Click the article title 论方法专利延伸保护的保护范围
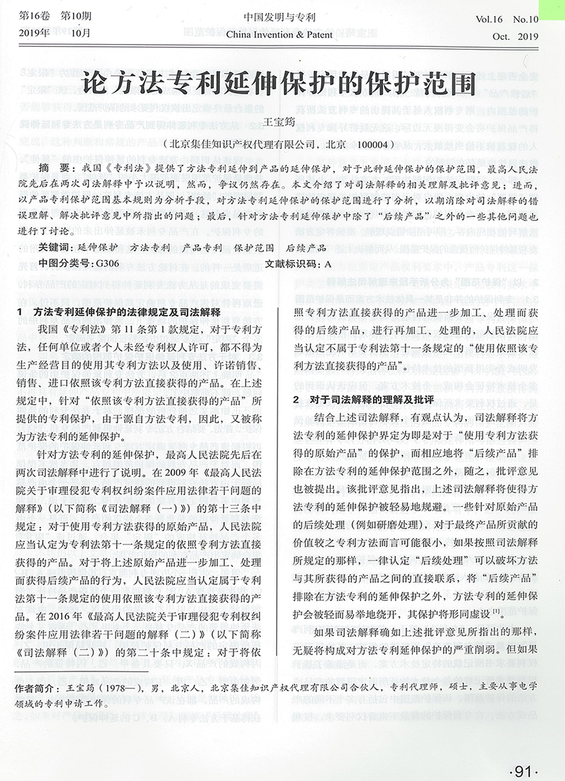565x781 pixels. [278, 84]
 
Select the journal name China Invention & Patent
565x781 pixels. [279, 34]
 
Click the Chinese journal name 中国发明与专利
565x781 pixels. [279, 18]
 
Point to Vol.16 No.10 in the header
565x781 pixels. [506, 19]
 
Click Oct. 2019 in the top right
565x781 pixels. [514, 36]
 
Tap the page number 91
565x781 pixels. [523, 771]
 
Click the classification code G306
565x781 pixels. [107, 263]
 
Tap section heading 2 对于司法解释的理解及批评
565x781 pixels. [363, 399]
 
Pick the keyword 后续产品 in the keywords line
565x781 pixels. [306, 247]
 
